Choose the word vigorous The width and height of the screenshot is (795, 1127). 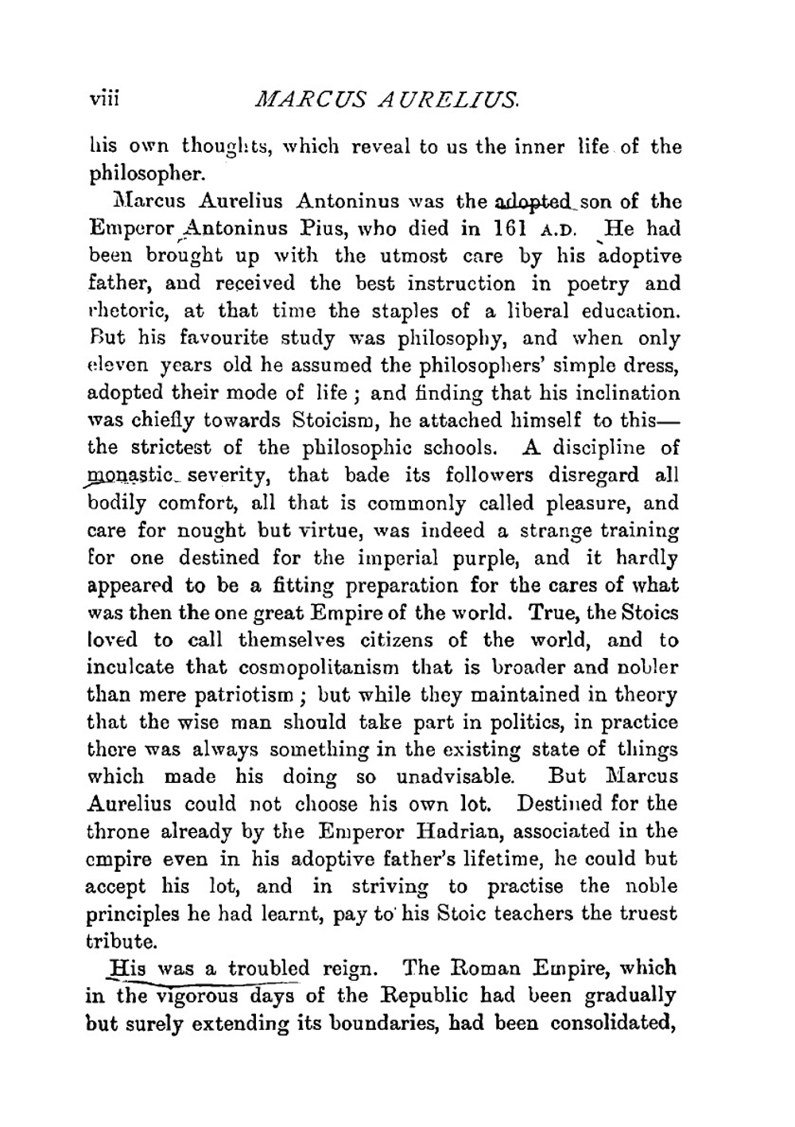click(197, 996)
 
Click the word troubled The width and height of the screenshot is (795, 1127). click(268, 969)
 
